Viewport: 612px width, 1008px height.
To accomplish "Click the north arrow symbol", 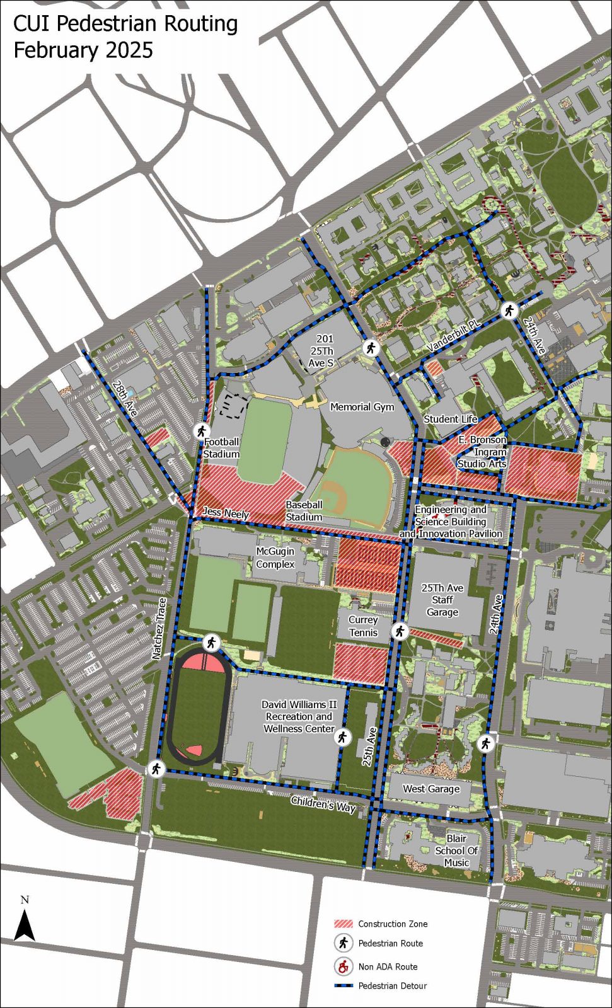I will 25,925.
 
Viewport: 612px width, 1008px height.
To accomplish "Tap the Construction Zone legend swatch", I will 344,924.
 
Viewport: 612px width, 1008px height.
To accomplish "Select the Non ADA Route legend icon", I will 344,966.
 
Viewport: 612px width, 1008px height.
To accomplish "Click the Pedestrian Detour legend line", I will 344,986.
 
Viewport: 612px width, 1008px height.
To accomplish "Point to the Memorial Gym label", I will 362,407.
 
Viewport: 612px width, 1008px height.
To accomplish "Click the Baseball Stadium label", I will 304,511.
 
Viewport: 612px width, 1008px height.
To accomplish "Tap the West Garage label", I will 431,788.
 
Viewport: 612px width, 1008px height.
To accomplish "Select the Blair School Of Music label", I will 456,850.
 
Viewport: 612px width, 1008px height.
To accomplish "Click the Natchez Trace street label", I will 160,629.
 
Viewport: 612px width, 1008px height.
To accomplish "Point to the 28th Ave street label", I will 125,398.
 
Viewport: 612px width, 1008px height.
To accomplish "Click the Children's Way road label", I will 323,805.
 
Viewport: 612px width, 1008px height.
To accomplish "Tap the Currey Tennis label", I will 363,626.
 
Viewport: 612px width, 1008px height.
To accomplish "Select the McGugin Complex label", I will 275,558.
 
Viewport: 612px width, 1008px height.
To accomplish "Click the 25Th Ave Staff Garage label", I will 442,600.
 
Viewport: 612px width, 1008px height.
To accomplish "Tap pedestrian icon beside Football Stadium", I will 201,431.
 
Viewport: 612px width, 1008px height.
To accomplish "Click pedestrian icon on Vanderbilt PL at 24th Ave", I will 509,311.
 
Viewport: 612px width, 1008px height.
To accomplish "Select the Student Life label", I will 451,419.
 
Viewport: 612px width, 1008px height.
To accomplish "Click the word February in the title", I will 57,50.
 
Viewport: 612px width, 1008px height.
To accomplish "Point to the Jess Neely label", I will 226,513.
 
